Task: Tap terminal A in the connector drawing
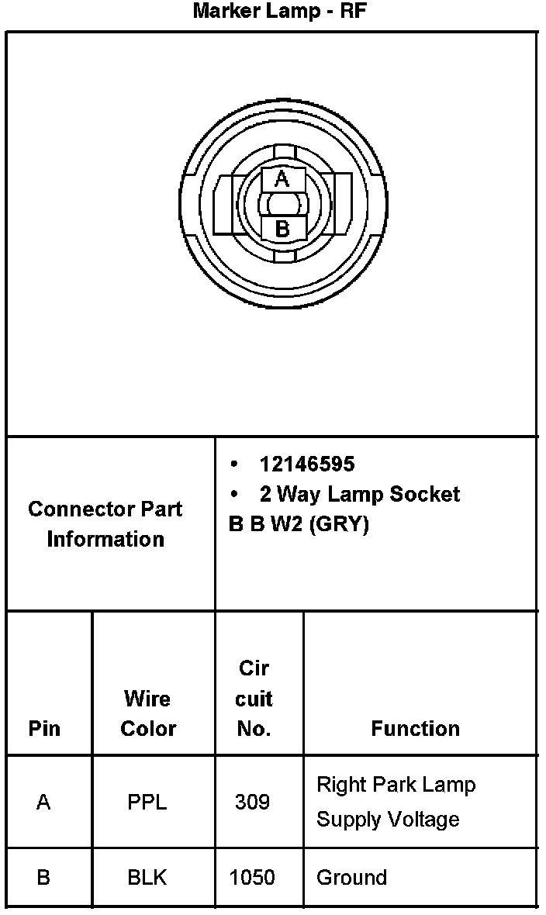pyautogui.click(x=282, y=180)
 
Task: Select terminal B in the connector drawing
pyautogui.click(x=282, y=229)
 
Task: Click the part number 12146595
pyautogui.click(x=307, y=464)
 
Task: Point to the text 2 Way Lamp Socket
pyautogui.click(x=360, y=494)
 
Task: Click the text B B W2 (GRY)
pyautogui.click(x=299, y=524)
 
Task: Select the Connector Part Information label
pyautogui.click(x=105, y=524)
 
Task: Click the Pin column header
pyautogui.click(x=44, y=729)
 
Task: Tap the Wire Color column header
pyautogui.click(x=148, y=713)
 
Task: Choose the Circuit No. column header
pyautogui.click(x=254, y=699)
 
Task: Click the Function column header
pyautogui.click(x=415, y=729)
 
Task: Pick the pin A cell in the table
pyautogui.click(x=43, y=803)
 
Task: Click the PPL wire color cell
pyautogui.click(x=147, y=803)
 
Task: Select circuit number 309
pyautogui.click(x=252, y=803)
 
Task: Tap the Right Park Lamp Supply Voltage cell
pyautogui.click(x=396, y=802)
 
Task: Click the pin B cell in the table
pyautogui.click(x=43, y=878)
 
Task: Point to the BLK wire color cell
pyautogui.click(x=147, y=878)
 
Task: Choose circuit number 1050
pyautogui.click(x=252, y=878)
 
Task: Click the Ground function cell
pyautogui.click(x=351, y=878)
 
